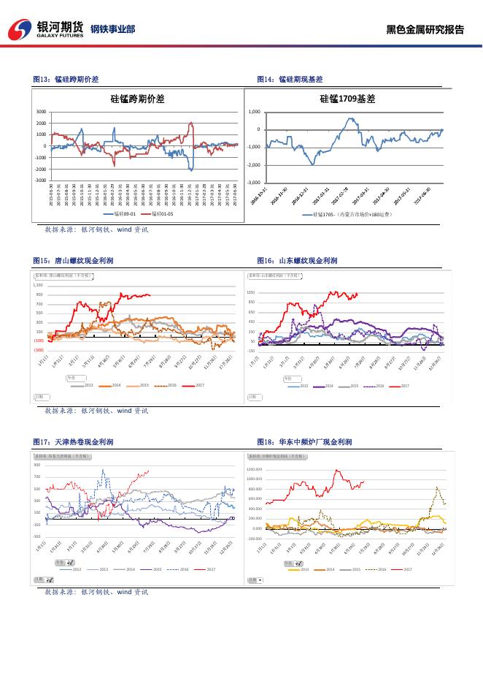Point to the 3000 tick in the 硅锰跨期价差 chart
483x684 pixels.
[x=41, y=112]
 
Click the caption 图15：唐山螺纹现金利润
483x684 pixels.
[x=73, y=260]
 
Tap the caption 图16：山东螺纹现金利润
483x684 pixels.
[x=297, y=260]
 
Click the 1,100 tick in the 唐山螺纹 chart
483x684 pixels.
[x=38, y=285]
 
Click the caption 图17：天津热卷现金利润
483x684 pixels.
[x=73, y=442]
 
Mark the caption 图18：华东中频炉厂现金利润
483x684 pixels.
[x=304, y=442]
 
